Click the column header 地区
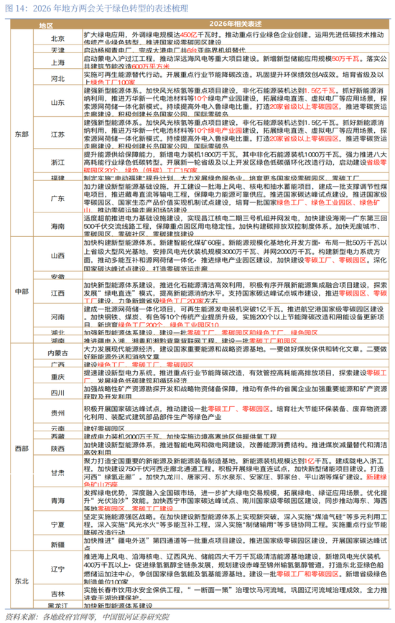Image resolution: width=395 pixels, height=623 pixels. coord(46,24)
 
